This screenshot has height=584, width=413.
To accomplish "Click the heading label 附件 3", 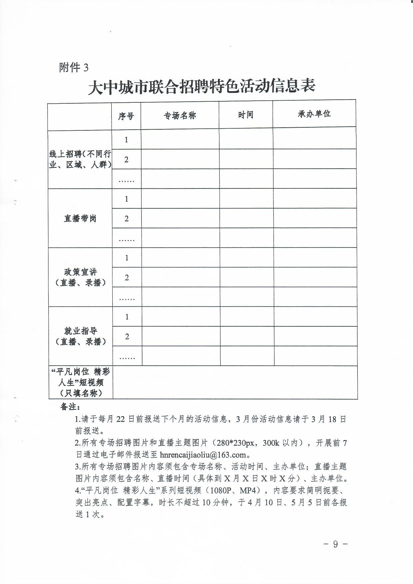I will (74, 68).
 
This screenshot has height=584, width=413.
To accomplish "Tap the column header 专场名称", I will (180, 116).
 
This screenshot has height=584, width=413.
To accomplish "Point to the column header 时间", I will (246, 115).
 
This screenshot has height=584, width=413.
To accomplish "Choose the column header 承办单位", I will (314, 114).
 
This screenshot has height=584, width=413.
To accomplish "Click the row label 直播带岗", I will (80, 219).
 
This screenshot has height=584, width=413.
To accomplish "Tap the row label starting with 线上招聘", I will (80, 159).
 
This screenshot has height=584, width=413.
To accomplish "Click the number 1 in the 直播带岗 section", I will (126, 199).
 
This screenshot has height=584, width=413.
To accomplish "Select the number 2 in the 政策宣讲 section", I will (127, 278).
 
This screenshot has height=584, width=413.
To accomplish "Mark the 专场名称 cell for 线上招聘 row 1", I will (180, 139).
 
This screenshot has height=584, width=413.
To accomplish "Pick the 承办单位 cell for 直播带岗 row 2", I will (315, 218).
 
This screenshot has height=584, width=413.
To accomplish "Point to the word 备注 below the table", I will (69, 407).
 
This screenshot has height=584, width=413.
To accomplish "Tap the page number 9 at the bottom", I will (335, 544).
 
